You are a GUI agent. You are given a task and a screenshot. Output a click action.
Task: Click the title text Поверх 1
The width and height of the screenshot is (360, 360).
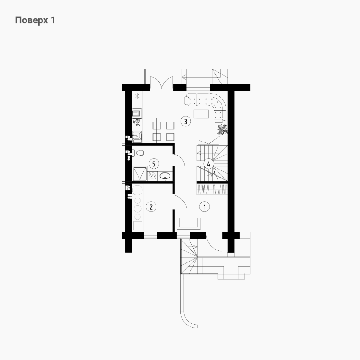coord(35,20)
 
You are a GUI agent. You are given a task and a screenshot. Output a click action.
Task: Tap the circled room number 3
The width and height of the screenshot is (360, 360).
coord(186,121)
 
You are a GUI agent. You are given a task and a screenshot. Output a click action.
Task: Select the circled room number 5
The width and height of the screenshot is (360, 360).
coord(154,164)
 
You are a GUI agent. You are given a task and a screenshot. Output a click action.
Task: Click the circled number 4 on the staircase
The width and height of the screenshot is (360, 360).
coord(209,164)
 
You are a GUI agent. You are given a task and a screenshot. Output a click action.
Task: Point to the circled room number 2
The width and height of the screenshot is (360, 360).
coord(151,207)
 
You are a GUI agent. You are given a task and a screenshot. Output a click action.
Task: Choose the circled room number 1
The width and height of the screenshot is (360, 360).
coord(205,207)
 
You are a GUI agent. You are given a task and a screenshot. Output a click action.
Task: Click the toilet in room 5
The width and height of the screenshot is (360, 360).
coord(138,153)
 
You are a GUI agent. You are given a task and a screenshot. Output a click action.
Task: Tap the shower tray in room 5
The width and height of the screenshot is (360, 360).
coord(140,174)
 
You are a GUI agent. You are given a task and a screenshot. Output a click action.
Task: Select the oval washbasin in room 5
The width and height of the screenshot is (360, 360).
coord(165,176)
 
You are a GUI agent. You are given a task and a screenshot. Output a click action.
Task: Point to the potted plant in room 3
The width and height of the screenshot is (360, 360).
coord(222,130)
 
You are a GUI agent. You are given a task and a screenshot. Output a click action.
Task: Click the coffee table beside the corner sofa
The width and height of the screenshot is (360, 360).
coord(201,114)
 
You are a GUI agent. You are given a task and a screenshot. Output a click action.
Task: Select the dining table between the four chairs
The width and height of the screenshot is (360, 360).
coord(163,130)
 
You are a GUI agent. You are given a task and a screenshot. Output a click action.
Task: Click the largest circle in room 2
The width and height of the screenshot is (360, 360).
coord(137,190)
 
